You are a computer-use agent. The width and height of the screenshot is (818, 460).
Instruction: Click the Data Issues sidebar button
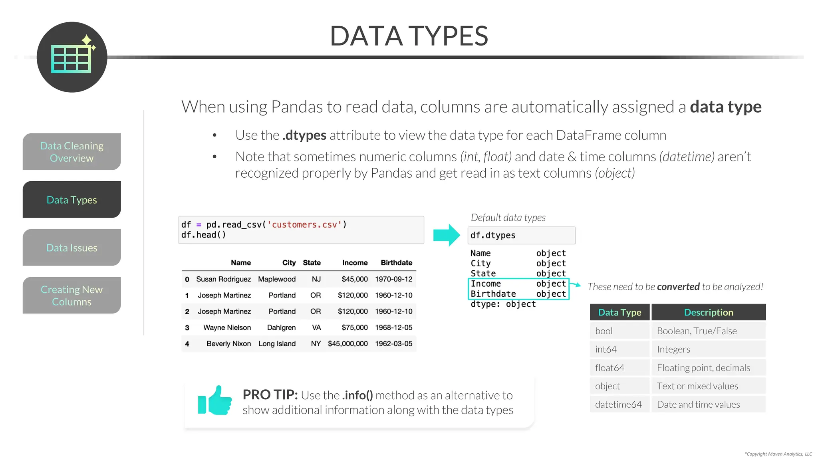(x=72, y=248)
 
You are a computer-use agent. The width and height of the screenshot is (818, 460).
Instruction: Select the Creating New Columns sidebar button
(x=72, y=295)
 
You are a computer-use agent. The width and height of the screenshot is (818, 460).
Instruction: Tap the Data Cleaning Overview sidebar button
(x=72, y=152)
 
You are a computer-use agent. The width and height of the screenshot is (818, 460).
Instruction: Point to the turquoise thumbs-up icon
(x=215, y=401)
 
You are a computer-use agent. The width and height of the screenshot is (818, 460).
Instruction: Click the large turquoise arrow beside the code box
(x=447, y=235)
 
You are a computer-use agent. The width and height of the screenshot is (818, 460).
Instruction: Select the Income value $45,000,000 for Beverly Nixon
(x=347, y=344)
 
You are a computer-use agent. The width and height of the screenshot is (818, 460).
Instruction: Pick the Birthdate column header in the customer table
(x=396, y=263)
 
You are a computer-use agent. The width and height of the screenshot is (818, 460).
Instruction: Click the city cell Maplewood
(x=277, y=279)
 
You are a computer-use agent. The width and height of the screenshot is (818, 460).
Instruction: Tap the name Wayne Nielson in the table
(x=227, y=327)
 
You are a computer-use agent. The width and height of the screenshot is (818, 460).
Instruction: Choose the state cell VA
(x=316, y=327)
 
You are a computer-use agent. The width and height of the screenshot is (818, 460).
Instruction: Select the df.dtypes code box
(x=521, y=236)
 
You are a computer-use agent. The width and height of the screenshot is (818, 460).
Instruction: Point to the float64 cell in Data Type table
(x=610, y=368)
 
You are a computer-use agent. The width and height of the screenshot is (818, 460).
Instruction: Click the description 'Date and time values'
(x=698, y=404)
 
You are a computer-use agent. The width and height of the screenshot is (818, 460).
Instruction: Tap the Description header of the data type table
(x=709, y=312)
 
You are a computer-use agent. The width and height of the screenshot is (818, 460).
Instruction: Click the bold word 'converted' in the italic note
(x=678, y=287)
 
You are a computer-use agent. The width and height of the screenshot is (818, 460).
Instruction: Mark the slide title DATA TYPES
(x=409, y=36)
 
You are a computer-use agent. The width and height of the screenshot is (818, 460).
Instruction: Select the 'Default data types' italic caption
(x=508, y=218)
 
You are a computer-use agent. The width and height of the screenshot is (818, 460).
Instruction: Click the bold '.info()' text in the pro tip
(x=357, y=395)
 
